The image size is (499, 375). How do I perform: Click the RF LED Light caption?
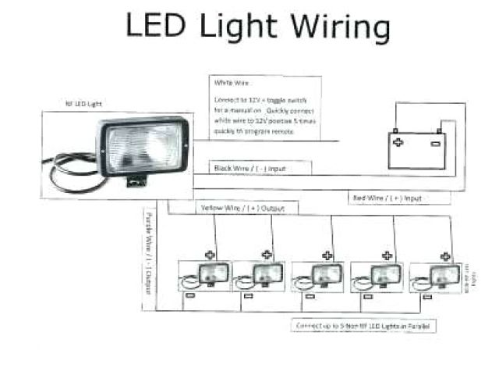(83, 104)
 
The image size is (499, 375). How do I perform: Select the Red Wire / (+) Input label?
(388, 198)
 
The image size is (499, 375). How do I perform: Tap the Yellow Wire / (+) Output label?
(242, 208)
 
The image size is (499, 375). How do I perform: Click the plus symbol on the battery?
(398, 144)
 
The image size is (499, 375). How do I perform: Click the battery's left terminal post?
(395, 131)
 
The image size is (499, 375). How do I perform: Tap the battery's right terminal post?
(441, 130)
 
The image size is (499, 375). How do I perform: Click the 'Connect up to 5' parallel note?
(364, 324)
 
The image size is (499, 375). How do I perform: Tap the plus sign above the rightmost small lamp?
(444, 255)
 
